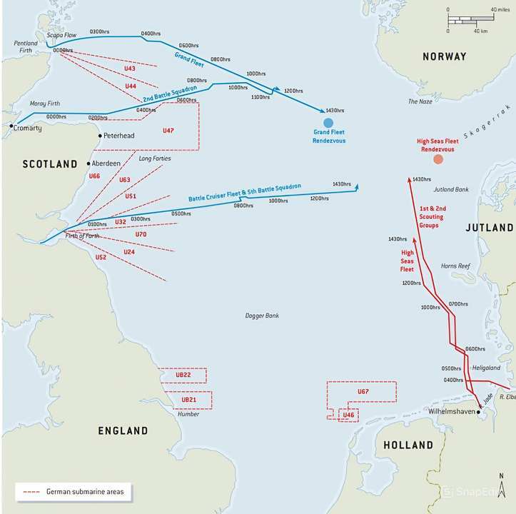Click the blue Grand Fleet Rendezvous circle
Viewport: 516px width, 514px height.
(328, 122)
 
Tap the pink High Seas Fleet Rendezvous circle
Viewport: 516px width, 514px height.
(437, 159)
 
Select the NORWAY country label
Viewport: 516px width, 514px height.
(444, 56)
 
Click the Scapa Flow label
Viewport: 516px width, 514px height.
(61, 34)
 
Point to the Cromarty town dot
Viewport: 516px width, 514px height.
(11, 126)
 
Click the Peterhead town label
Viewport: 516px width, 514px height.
(118, 135)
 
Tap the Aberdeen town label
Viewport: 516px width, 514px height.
(106, 163)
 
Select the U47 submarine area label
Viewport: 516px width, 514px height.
(168, 131)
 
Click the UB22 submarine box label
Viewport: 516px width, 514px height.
(183, 375)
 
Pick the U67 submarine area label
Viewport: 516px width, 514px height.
(363, 392)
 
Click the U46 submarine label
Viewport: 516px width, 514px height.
(348, 415)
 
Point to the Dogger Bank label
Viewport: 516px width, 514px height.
(262, 315)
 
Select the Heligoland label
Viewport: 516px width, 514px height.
(486, 367)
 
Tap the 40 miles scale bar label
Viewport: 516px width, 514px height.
(498, 9)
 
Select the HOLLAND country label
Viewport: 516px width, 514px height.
(408, 445)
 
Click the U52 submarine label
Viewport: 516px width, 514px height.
(101, 257)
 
